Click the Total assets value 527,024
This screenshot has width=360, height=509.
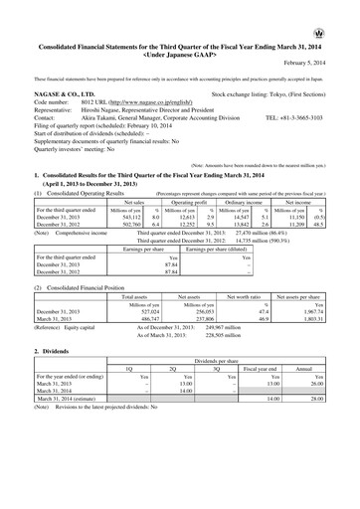pos(145,311)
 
